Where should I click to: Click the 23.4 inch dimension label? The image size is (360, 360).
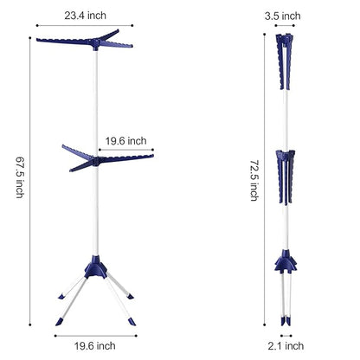pos(85,16)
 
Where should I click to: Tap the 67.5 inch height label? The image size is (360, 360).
pos(20,177)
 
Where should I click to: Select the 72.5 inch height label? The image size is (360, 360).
pos(254,181)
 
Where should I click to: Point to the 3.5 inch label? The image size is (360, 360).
pos(283,16)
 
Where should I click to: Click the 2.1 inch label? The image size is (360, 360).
pos(286,346)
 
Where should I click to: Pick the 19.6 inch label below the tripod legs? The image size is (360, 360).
pos(95,346)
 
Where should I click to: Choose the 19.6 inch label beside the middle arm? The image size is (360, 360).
pos(125,141)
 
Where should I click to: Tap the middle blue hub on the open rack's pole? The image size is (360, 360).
pos(96,162)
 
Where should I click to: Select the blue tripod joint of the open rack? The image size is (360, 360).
pos(96,267)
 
